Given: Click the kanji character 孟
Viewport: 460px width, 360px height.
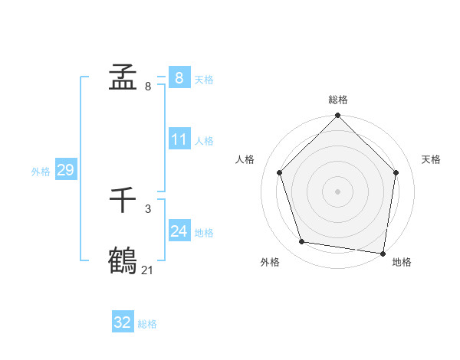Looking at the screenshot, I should pos(123,78).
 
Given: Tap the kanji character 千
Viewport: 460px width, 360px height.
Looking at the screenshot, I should pos(123,201).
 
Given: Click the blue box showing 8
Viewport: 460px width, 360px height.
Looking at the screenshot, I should pos(179,78).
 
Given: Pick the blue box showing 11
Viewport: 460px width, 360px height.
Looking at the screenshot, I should pos(179,139).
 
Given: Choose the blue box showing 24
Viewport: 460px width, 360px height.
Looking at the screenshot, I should pos(179,231).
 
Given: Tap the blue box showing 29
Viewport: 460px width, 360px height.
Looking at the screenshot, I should pos(65,170).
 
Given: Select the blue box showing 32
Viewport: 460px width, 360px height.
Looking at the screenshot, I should pos(123,322).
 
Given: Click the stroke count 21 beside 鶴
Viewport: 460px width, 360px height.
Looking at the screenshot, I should pos(148,270).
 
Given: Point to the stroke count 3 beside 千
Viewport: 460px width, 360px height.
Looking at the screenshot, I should pos(148,208).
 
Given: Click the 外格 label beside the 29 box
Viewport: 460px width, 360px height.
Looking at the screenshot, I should pos(41,172).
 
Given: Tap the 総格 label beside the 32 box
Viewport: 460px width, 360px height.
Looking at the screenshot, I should pos(147,324).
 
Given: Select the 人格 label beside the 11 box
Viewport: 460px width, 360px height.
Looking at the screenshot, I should pos(204,141).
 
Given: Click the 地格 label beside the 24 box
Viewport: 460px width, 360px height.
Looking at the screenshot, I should pos(204,232).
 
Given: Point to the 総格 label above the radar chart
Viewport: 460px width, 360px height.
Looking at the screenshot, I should pos(338,100).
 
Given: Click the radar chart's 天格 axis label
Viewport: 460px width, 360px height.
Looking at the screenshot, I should pos(431,159).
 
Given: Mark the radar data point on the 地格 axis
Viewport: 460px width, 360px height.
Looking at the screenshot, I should pos(383,253).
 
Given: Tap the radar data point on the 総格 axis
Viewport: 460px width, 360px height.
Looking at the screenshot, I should pos(338,116).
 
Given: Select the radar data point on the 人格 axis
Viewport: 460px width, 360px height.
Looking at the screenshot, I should pos(280,172).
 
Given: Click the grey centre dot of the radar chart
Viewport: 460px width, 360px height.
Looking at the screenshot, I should pos(338,191).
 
